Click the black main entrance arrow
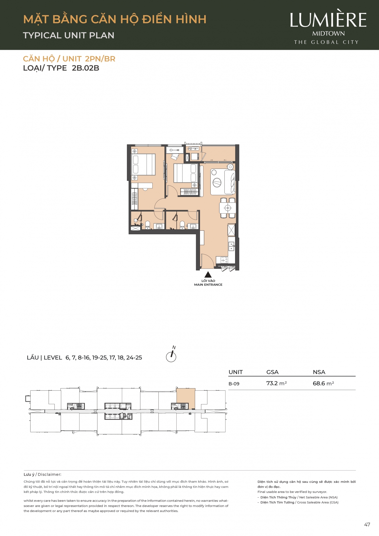click(x=208, y=275)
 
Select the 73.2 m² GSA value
click(x=276, y=383)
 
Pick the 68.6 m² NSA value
click(x=323, y=383)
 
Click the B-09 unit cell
click(x=234, y=384)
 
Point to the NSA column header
click(x=319, y=372)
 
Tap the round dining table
click(x=228, y=208)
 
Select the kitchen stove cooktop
click(x=224, y=260)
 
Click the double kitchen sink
click(x=231, y=246)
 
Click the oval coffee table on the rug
click(x=217, y=183)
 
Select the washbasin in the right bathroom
click(x=193, y=226)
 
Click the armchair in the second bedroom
click(x=175, y=157)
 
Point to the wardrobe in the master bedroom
click(x=134, y=199)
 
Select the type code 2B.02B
click(x=86, y=68)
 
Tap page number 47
click(x=367, y=525)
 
